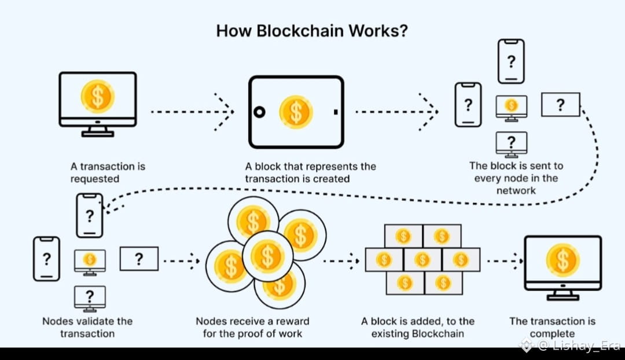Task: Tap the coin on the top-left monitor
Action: (97, 96)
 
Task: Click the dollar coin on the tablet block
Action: (296, 112)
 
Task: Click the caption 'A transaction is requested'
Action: (108, 172)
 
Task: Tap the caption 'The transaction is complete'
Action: (552, 327)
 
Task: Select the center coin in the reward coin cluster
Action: (267, 255)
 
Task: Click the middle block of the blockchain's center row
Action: (422, 259)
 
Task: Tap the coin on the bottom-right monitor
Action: (562, 260)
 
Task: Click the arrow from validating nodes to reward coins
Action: (182, 261)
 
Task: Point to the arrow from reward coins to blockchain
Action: (341, 261)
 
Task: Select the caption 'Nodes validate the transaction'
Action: (87, 327)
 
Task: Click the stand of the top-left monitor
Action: (97, 131)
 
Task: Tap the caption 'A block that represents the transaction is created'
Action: (310, 172)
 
